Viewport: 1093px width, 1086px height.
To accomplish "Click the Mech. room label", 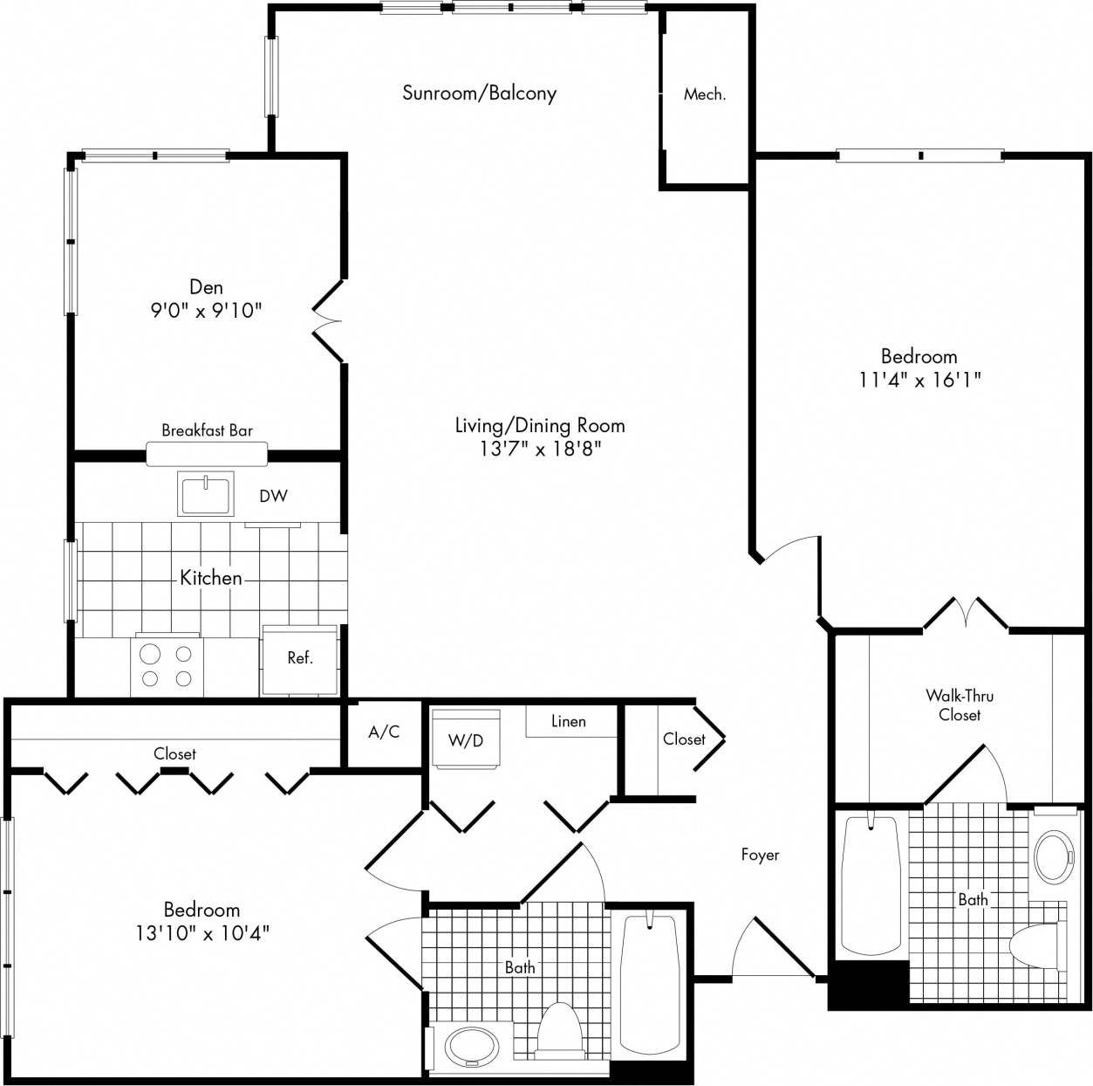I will (x=704, y=94).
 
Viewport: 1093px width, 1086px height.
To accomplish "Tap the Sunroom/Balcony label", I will (x=479, y=93).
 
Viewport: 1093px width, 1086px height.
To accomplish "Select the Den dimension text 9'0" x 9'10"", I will (x=206, y=311).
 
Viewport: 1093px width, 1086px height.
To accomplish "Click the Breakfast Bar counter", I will (x=207, y=453).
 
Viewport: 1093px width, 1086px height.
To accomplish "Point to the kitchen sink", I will (x=206, y=494).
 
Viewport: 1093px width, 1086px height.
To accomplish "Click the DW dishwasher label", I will (x=273, y=496).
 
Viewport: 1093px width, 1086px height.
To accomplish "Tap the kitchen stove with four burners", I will (x=167, y=666).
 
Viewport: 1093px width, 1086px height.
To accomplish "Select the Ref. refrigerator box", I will (x=299, y=659).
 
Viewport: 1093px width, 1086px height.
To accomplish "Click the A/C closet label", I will (x=384, y=732).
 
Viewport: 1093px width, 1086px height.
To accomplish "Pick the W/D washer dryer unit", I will (x=466, y=740).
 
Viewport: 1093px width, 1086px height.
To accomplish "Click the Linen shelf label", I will (x=569, y=722).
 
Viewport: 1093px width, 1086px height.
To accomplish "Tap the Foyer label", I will (x=760, y=855).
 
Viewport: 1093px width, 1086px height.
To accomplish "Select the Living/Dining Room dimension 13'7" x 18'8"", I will (x=540, y=449).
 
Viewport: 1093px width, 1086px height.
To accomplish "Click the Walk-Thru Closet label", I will (x=960, y=705).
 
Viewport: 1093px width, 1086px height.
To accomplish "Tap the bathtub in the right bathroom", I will (x=871, y=885).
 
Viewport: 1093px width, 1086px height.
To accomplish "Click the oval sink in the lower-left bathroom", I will (x=472, y=1046).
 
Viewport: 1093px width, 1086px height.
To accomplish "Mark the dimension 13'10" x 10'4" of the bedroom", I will (x=202, y=933).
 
